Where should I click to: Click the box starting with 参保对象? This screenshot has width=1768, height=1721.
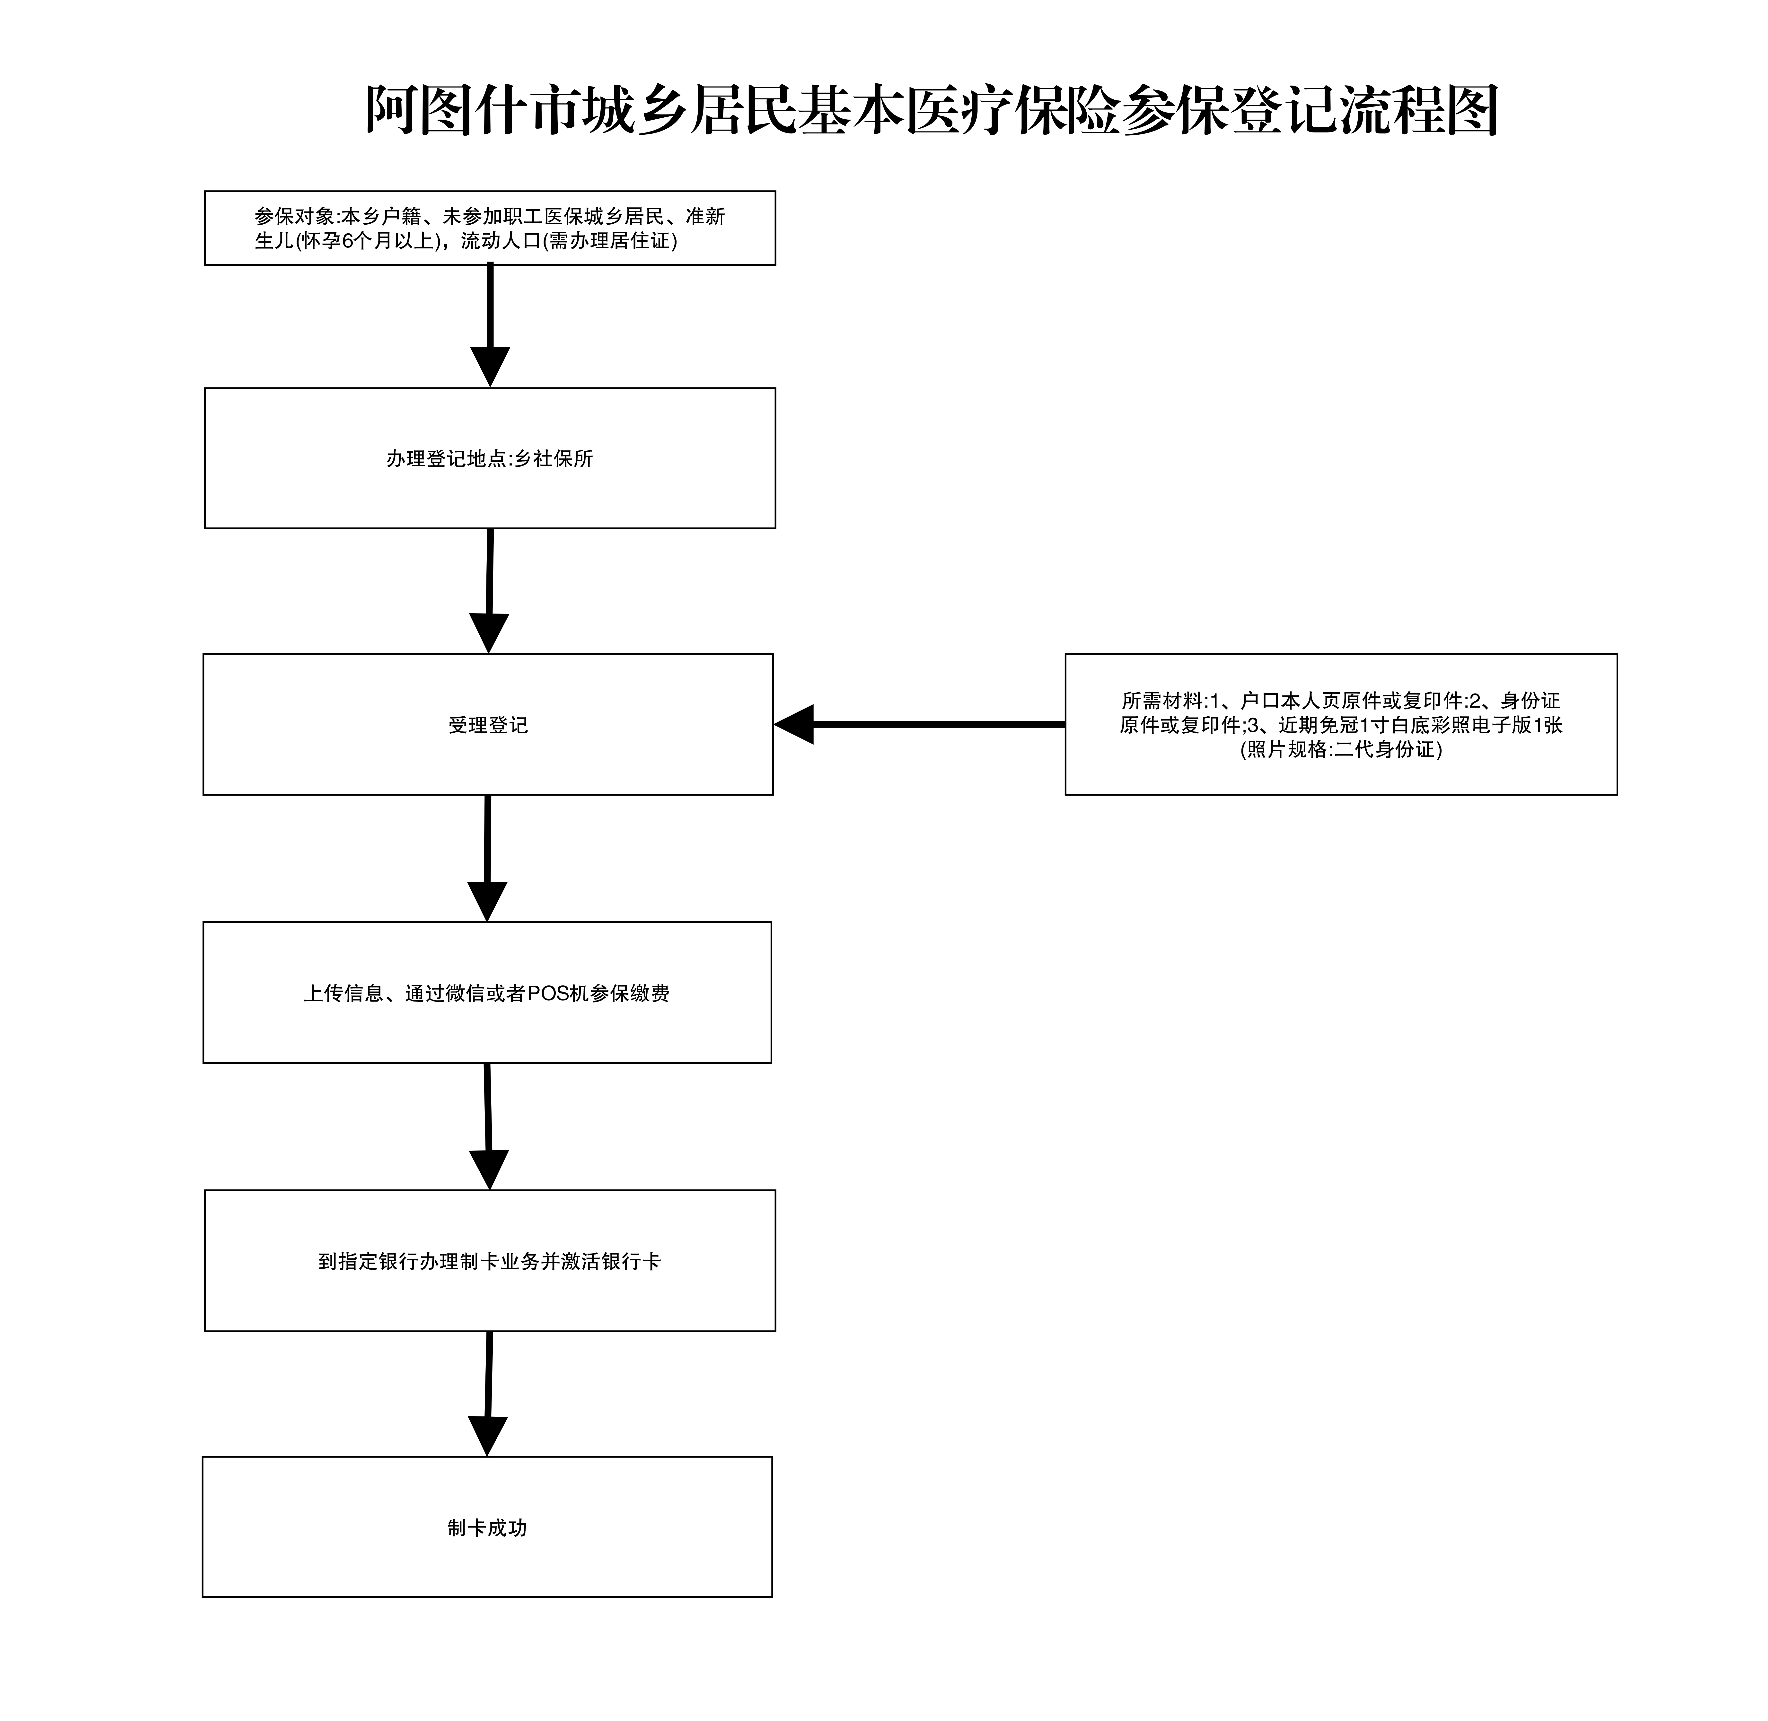(x=490, y=228)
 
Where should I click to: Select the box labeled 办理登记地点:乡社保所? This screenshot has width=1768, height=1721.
(x=490, y=458)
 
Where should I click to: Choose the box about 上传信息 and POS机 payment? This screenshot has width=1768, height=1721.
(x=487, y=992)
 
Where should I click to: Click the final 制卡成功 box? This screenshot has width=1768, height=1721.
(x=487, y=1527)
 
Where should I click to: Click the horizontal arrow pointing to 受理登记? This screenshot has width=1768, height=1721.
(x=919, y=724)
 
